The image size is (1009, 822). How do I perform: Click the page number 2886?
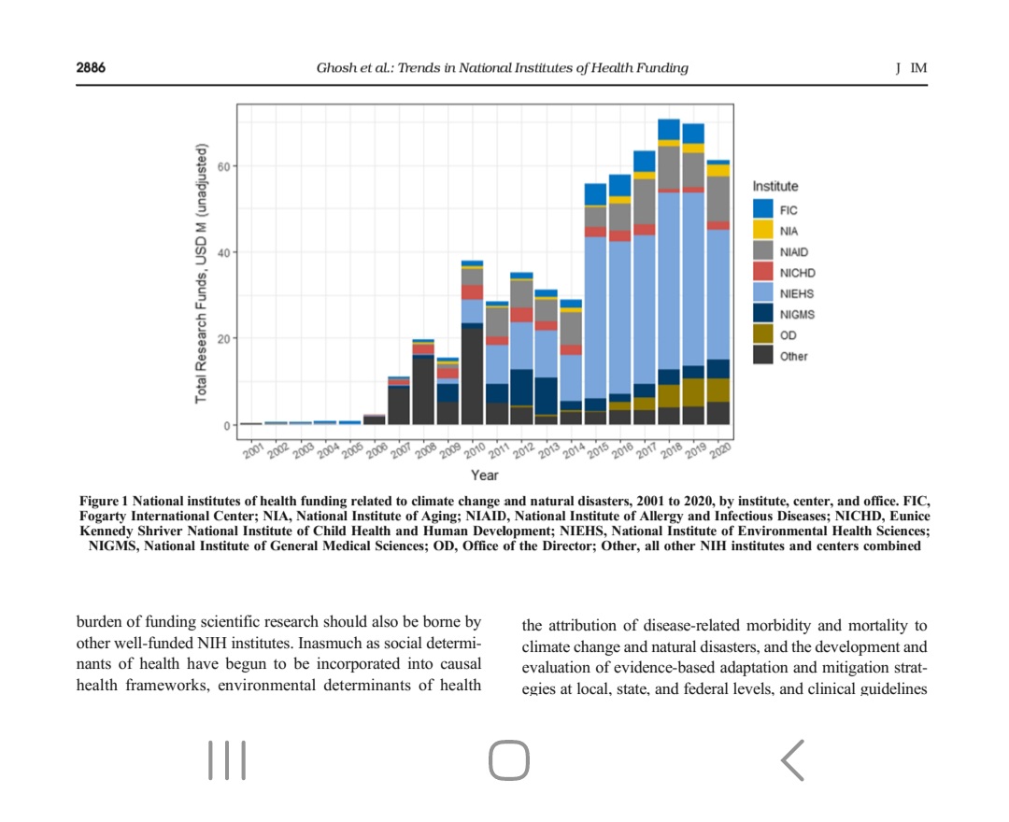pyautogui.click(x=91, y=67)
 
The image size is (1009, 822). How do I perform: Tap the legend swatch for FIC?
pyautogui.click(x=763, y=209)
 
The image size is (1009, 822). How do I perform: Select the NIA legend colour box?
pyautogui.click(x=763, y=230)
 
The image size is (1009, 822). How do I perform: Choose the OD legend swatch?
pyautogui.click(x=763, y=335)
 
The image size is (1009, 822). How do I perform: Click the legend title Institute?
pyautogui.click(x=775, y=187)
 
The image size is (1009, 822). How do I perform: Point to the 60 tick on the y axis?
pyautogui.click(x=221, y=166)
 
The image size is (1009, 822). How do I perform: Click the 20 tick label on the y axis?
pyautogui.click(x=221, y=338)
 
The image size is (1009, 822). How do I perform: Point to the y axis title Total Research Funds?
pyautogui.click(x=201, y=274)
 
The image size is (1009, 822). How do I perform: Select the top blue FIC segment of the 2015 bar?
pyautogui.click(x=595, y=194)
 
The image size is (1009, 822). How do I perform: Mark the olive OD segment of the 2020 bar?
pyautogui.click(x=718, y=390)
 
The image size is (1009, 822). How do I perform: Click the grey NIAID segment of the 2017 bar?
pyautogui.click(x=644, y=201)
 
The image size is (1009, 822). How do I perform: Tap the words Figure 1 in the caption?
pyautogui.click(x=104, y=502)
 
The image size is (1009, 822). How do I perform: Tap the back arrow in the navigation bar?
pyautogui.click(x=792, y=759)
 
